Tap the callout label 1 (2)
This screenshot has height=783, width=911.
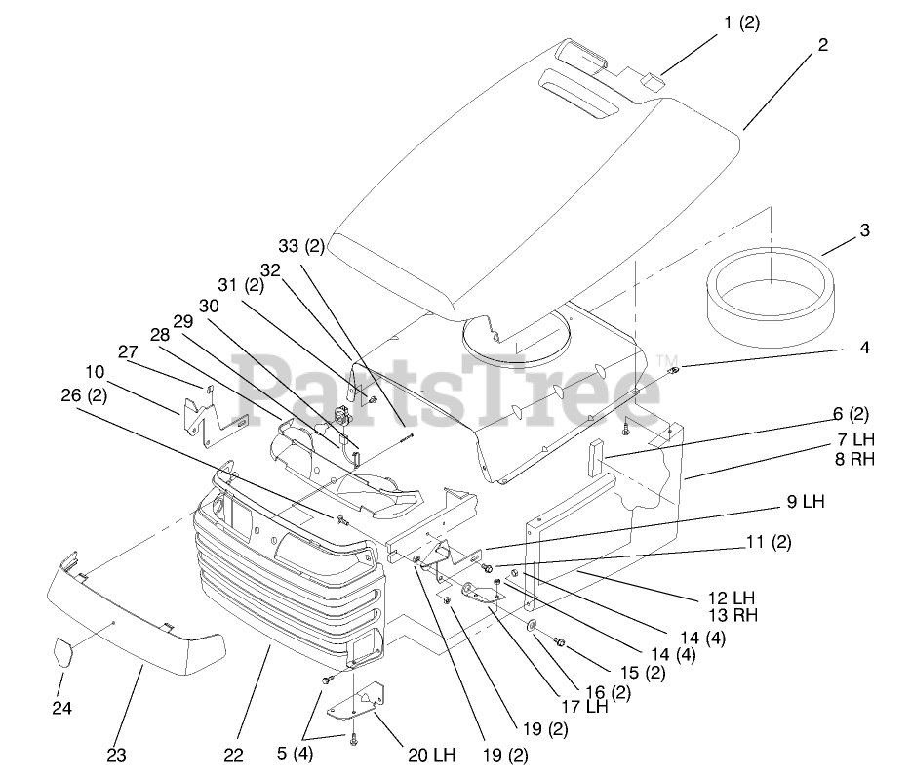click(740, 24)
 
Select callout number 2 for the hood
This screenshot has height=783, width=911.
click(823, 44)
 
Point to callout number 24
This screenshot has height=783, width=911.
click(62, 707)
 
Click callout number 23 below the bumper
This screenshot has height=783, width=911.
click(117, 755)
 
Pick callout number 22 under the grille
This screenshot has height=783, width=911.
click(232, 755)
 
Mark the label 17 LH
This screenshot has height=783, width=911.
click(583, 707)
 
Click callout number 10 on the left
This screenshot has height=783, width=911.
click(94, 371)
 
